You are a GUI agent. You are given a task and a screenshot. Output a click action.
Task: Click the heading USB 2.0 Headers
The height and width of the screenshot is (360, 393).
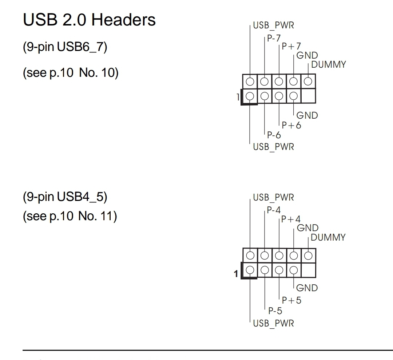89,20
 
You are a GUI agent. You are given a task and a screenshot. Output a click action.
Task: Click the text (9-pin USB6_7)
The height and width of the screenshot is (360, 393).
65,47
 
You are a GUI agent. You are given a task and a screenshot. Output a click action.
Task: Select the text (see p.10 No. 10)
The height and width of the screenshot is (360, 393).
70,72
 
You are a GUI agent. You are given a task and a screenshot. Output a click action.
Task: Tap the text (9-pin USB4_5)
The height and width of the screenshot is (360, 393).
65,197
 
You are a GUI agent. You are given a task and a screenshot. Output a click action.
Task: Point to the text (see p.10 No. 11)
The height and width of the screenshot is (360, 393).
70,216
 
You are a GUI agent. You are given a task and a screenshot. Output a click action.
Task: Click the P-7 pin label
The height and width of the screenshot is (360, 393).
274,38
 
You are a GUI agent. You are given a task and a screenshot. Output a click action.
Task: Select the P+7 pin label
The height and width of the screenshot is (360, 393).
291,47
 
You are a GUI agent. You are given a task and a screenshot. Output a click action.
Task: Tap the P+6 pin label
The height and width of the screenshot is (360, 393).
291,125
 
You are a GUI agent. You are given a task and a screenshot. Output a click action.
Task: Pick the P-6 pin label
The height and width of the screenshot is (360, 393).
274,135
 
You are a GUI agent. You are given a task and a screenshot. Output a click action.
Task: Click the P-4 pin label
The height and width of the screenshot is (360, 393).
274,210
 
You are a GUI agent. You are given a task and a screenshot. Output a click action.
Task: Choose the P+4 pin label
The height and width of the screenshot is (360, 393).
291,219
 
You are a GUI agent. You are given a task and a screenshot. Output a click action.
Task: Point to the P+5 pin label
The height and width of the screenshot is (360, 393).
291,300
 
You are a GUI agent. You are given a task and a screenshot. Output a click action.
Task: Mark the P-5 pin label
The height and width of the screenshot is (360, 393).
275,311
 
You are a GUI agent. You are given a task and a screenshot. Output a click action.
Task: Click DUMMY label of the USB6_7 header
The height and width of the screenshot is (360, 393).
329,65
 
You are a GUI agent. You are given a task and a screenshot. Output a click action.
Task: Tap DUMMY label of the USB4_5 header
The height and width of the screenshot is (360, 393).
328,237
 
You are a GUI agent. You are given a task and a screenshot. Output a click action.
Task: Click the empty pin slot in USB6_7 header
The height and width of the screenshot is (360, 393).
308,96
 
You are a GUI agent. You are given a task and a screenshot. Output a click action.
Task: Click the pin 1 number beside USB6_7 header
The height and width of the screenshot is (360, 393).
238,97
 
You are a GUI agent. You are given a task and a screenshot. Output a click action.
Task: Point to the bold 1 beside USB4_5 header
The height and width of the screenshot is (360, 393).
236,273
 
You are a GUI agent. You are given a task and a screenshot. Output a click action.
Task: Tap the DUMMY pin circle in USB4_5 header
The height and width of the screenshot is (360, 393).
308,255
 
